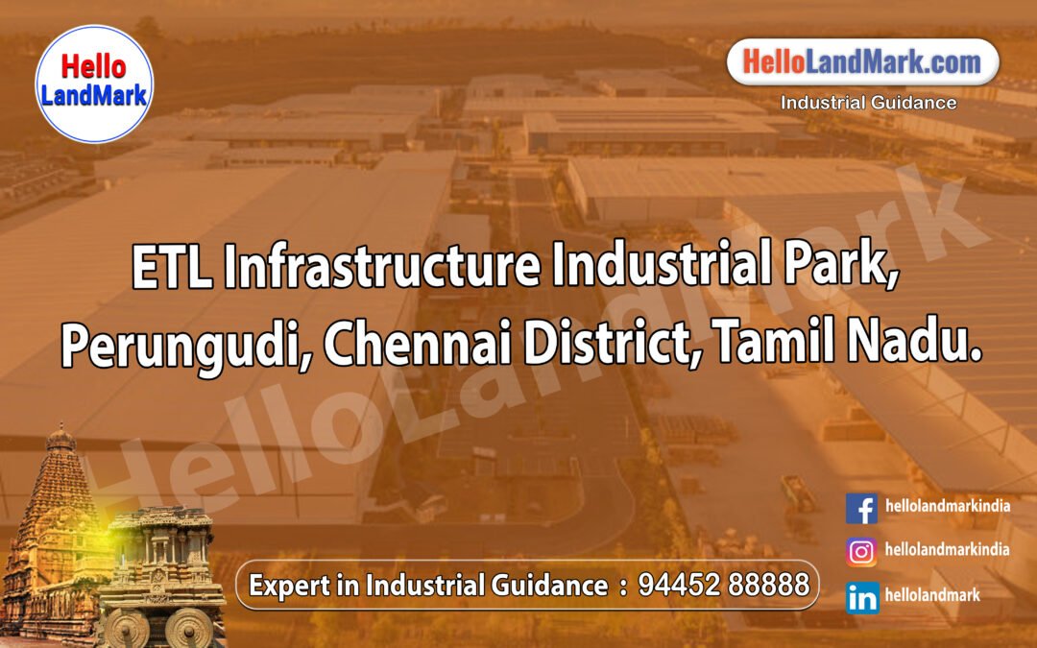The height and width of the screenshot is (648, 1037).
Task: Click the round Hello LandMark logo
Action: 93,84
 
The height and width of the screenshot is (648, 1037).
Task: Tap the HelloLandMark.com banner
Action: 862,63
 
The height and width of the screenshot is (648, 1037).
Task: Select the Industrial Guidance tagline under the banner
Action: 868,103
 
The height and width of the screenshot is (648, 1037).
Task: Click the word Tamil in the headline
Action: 779,347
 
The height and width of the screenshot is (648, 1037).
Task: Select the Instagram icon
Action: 861,552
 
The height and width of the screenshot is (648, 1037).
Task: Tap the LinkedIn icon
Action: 861,597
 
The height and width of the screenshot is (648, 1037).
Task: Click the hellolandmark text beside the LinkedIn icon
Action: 932,596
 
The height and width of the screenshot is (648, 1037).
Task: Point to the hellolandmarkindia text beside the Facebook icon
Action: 947,506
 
